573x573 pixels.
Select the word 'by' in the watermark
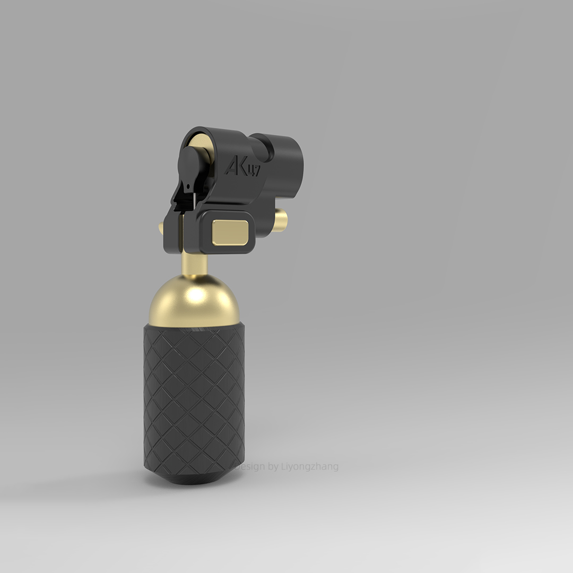pyautogui.click(x=274, y=467)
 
